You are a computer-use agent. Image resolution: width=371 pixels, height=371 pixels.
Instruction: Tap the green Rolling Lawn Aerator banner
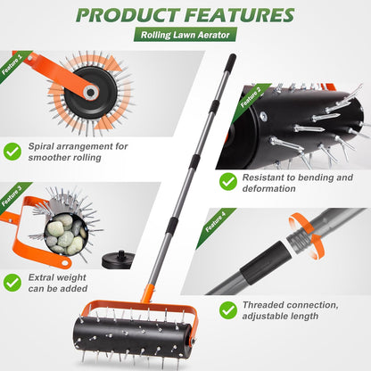point(185,36)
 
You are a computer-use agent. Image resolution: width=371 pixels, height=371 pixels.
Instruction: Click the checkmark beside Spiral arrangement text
point(12,151)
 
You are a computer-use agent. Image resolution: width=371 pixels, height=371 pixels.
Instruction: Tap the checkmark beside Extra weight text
point(12,282)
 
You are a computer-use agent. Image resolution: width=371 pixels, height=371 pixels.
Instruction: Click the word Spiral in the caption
point(45,144)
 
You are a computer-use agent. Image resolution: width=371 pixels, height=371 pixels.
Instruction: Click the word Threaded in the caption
point(269,302)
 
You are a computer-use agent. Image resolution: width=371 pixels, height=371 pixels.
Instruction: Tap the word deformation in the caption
point(274,188)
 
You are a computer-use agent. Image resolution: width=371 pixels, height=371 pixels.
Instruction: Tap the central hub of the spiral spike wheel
point(92,90)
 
